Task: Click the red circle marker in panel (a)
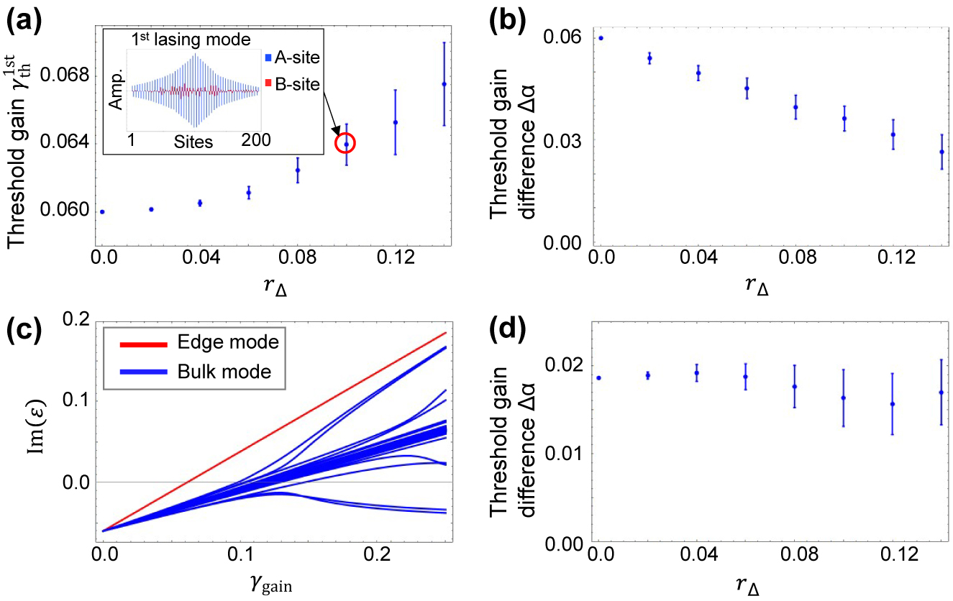point(346,144)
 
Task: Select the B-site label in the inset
point(293,84)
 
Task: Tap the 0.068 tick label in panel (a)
point(67,75)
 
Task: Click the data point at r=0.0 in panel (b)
point(601,38)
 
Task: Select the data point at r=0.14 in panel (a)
point(444,84)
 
